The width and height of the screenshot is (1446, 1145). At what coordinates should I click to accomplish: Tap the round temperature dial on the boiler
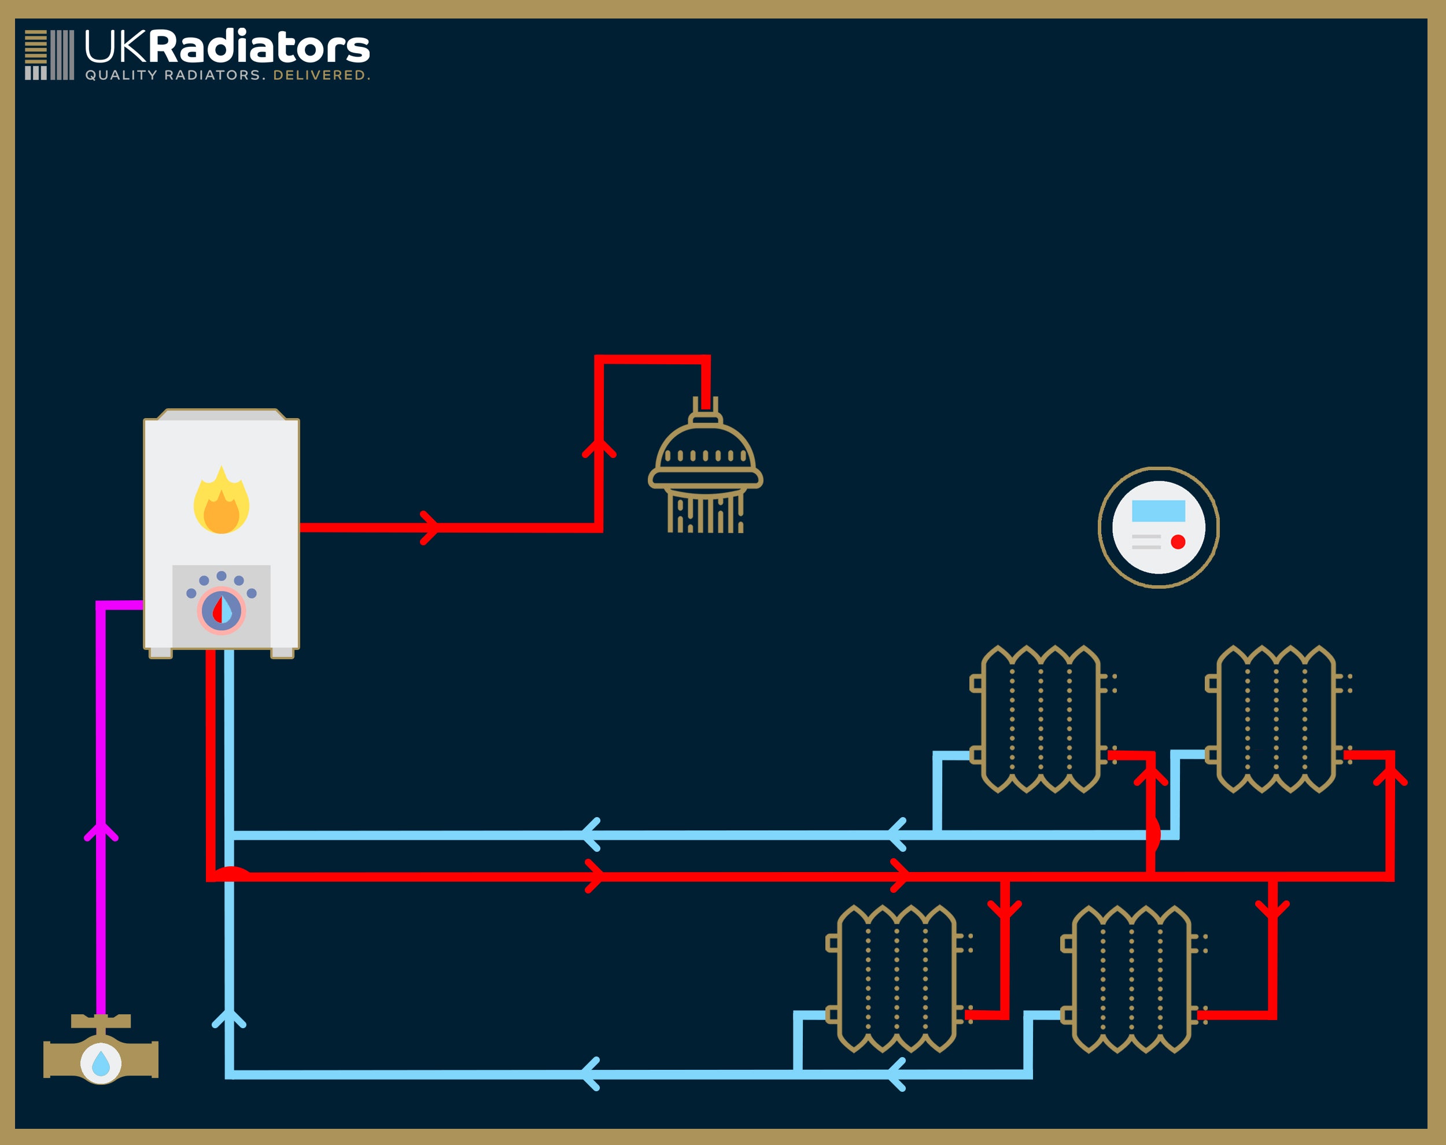coord(221,611)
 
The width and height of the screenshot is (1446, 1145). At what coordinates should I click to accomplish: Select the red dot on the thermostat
coord(1178,542)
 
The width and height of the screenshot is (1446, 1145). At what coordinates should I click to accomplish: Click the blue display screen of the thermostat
coord(1159,511)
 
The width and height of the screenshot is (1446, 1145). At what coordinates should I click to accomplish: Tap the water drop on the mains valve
coord(101,1063)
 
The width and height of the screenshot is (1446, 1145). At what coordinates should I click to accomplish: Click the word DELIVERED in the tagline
coord(320,75)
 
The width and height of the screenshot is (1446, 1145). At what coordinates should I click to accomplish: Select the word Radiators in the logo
coord(259,47)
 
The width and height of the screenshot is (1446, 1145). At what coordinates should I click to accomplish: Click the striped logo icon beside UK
coord(50,55)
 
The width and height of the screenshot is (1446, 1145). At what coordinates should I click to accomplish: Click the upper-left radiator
coord(1041,719)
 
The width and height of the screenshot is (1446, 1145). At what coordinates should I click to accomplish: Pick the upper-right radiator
coord(1276,719)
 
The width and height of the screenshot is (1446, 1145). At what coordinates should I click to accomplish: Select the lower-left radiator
coord(897,979)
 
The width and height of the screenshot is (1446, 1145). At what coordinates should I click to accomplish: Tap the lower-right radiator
coord(1131,979)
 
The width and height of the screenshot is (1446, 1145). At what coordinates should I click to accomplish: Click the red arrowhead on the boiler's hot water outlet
coord(430,527)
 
